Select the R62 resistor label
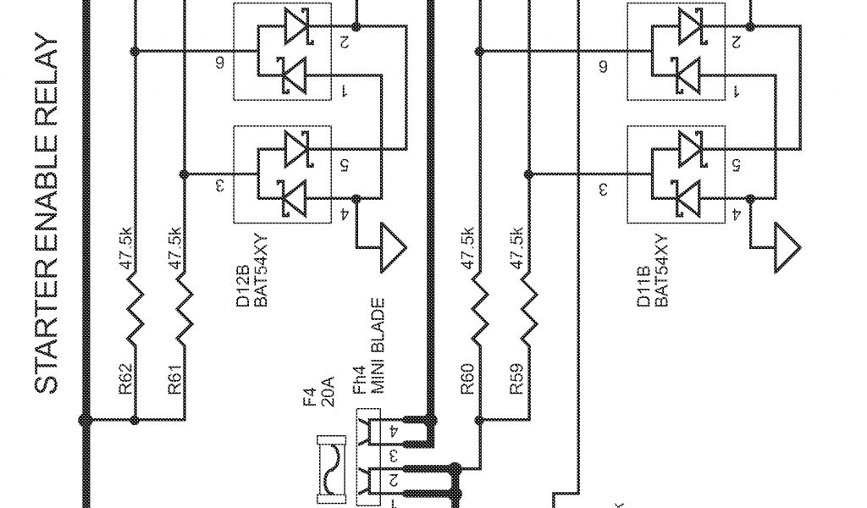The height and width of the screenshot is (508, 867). point(124,378)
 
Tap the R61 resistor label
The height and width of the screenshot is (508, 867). point(174,378)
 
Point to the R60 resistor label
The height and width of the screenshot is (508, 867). point(468,378)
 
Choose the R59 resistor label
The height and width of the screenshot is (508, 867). point(516,378)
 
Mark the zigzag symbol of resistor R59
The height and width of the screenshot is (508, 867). point(527,309)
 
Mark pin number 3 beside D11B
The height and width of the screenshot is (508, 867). point(604,189)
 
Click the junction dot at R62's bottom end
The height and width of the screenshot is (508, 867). point(134,419)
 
